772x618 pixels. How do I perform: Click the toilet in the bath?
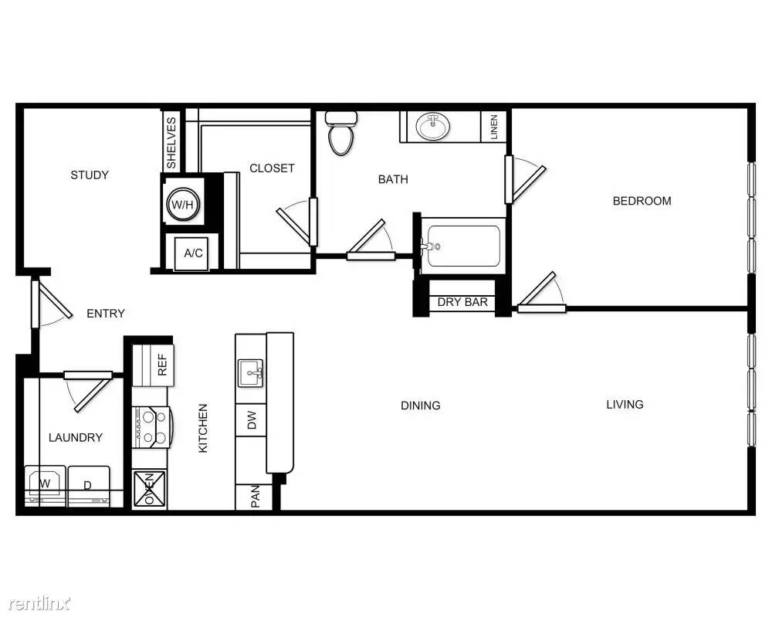pyautogui.click(x=341, y=132)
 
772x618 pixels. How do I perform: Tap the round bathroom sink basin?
pyautogui.click(x=433, y=127)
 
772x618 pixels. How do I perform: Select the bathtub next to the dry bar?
pyautogui.click(x=462, y=246)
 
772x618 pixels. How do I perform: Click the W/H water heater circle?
pyautogui.click(x=183, y=204)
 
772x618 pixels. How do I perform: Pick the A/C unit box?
pyautogui.click(x=193, y=253)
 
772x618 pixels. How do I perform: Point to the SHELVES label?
pyautogui.click(x=171, y=143)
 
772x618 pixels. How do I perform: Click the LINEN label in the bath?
pyautogui.click(x=494, y=127)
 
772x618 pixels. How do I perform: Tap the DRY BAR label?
pyautogui.click(x=462, y=302)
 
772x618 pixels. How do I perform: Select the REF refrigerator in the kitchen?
pyautogui.click(x=153, y=365)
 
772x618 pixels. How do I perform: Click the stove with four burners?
pyautogui.click(x=152, y=427)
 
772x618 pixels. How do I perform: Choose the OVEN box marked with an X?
pyautogui.click(x=150, y=489)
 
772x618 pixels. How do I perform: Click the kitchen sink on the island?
pyautogui.click(x=251, y=374)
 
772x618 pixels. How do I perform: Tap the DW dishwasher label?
pyautogui.click(x=252, y=420)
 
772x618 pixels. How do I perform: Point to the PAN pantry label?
pyautogui.click(x=255, y=497)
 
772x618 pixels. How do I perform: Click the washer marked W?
pyautogui.click(x=45, y=486)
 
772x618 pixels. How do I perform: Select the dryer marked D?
pyautogui.click(x=89, y=487)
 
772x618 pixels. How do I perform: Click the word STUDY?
pyautogui.click(x=90, y=175)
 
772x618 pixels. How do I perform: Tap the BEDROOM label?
pyautogui.click(x=642, y=201)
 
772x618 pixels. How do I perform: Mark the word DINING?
pyautogui.click(x=421, y=405)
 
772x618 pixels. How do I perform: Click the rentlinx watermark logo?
pyautogui.click(x=40, y=603)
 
